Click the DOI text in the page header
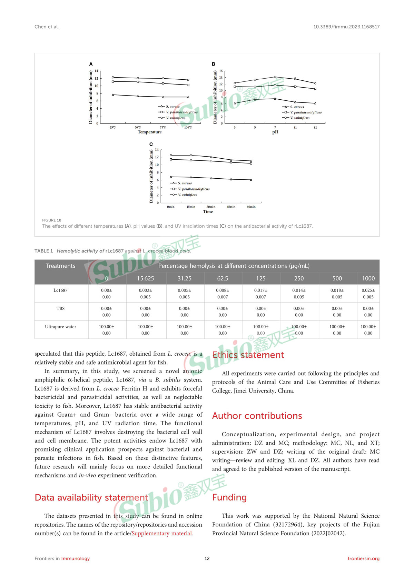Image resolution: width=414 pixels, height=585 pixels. coord(346,27)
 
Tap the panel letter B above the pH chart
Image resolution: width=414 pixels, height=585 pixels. coord(213,64)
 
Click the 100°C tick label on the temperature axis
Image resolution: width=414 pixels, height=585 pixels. coord(188,128)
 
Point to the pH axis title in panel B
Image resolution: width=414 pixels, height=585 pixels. coord(275,132)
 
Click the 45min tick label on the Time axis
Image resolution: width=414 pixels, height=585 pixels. coord(231,207)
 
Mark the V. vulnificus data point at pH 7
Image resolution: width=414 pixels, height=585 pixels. coord(275,77)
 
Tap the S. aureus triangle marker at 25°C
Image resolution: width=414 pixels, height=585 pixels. coord(113,95)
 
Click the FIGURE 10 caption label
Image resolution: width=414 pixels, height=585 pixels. coord(52,220)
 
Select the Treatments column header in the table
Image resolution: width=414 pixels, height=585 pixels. coord(60,266)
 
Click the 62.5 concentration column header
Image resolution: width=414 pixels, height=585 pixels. coord(223,278)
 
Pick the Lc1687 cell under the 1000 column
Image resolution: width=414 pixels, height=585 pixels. coord(368,294)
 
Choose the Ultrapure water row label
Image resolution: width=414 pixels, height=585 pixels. coord(60,327)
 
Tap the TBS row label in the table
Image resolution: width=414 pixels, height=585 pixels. coord(60,308)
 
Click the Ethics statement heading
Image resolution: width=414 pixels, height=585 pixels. coord(248,355)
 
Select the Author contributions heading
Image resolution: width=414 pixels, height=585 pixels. coord(257,416)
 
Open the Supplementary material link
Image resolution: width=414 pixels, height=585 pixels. coord(161,533)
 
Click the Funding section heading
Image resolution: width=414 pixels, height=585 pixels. coord(229,497)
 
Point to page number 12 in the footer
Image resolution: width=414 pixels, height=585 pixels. coord(207,558)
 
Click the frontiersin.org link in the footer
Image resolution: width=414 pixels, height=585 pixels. coord(363,558)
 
